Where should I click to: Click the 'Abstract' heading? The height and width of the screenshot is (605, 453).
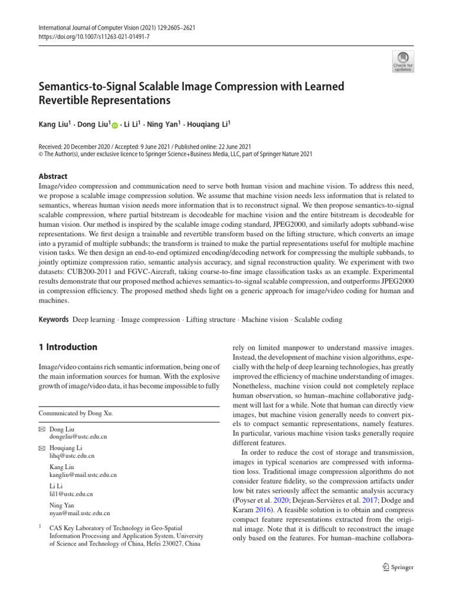click(52, 176)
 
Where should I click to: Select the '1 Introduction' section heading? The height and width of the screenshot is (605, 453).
click(67, 347)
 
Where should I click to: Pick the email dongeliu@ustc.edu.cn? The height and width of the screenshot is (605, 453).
click(78, 437)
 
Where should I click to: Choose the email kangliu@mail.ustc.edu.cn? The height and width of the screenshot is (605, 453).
click(83, 475)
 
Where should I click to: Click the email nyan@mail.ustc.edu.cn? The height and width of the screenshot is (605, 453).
click(80, 513)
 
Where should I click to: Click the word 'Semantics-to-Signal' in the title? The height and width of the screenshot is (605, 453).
click(90, 87)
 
